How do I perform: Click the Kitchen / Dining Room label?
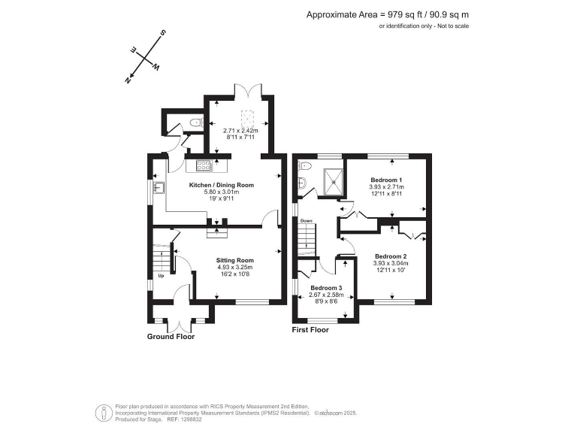[221, 185]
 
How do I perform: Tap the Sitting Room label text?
[235, 259]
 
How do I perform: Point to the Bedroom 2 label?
[391, 256]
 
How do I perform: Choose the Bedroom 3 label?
[327, 289]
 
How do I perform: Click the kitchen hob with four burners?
[204, 165]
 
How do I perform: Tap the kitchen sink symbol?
[159, 187]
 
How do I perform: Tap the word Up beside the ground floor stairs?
[160, 275]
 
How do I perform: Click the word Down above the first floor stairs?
[307, 221]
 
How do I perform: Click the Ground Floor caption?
[171, 337]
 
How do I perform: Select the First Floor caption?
[311, 329]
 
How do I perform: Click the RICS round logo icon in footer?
[100, 412]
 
